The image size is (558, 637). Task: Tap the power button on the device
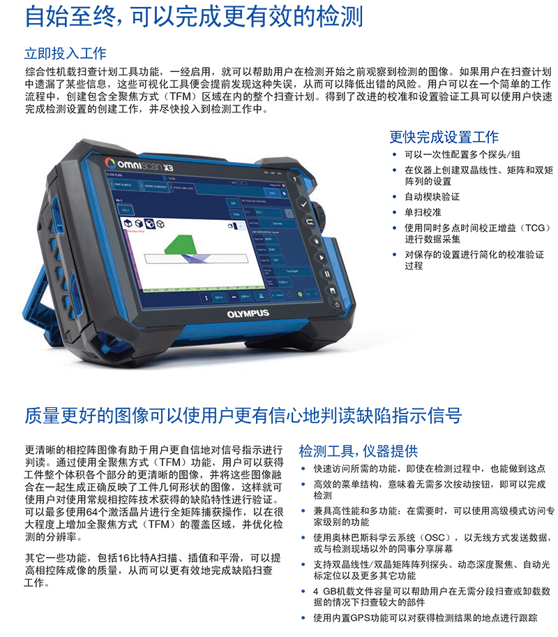[338, 305]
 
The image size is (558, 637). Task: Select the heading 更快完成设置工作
[444, 137]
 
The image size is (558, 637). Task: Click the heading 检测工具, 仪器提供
[358, 451]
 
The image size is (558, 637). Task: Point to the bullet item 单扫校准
[423, 212]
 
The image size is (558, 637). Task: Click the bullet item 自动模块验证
[432, 198]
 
